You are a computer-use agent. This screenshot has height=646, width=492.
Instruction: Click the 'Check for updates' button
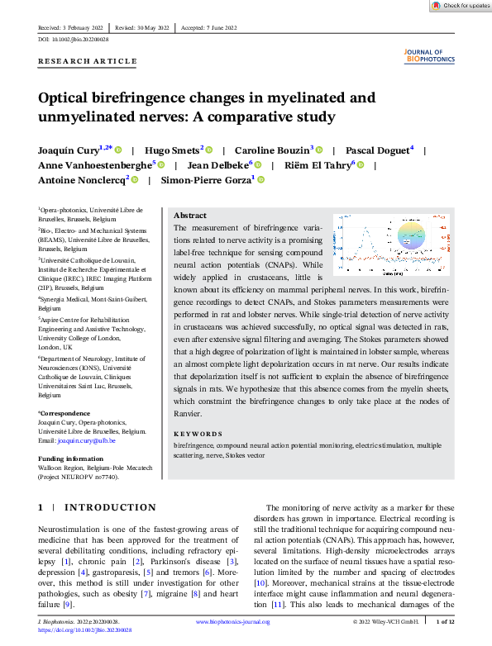coord(461,6)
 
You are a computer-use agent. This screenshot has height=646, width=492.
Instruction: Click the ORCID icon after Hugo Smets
coord(208,150)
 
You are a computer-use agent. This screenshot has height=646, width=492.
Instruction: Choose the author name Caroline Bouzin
coord(271,150)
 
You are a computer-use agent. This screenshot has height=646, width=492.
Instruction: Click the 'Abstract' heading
coord(190,215)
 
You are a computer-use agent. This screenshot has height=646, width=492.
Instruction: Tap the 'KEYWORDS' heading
coord(198,434)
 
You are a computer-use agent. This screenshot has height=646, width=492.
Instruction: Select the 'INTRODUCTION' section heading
coord(110,507)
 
